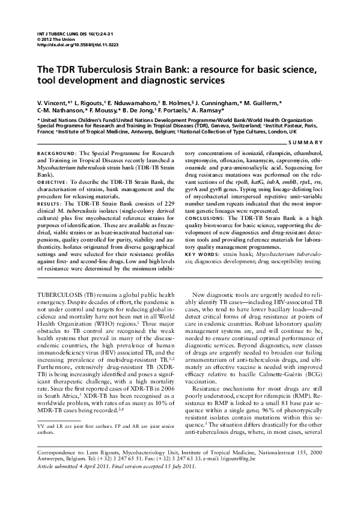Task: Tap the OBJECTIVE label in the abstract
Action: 55,182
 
